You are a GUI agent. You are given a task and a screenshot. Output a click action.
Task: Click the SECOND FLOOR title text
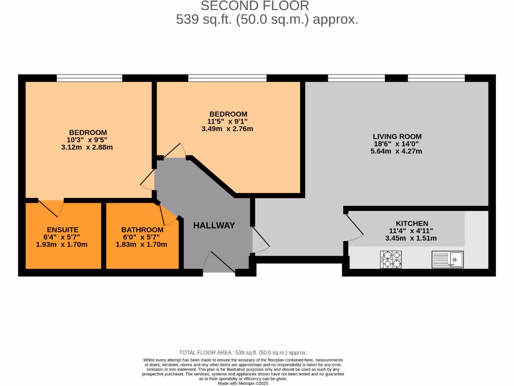255,6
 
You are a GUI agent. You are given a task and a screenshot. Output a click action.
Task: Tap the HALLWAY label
214,226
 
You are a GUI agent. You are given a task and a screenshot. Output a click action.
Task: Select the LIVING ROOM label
397,136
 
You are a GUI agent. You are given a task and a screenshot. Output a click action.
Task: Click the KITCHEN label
412,224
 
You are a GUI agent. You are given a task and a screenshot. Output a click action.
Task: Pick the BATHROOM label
142,230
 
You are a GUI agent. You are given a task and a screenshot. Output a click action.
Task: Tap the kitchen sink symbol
447,259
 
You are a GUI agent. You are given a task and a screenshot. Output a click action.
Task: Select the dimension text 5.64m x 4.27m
397,151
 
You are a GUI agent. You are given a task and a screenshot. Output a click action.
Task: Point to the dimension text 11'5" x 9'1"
228,121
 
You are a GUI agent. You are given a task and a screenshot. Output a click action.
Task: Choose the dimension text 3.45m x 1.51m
412,238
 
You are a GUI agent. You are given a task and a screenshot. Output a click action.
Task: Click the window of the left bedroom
89,78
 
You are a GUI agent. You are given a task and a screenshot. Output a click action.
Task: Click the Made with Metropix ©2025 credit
243,383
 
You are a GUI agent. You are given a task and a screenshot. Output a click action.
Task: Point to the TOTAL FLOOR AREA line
243,353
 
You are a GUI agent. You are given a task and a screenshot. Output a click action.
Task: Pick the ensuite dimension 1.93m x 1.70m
63,244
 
